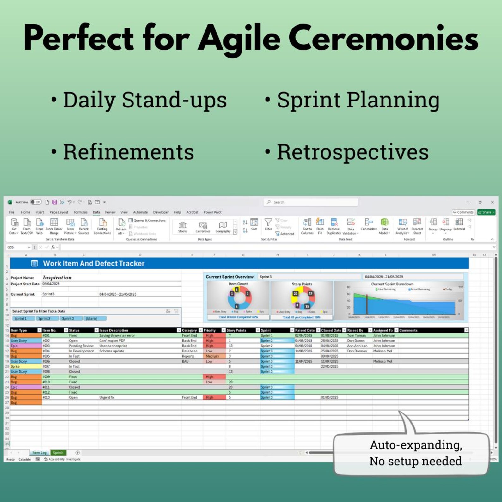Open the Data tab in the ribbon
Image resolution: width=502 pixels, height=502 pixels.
96,212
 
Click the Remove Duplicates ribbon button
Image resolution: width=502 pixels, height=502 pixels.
334,226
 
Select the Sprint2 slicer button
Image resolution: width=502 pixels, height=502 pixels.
44,318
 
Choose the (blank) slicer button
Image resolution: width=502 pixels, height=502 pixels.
91,318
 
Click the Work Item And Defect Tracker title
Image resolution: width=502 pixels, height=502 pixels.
94,264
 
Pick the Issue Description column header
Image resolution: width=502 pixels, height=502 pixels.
114,330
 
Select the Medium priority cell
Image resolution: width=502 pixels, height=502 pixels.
212,356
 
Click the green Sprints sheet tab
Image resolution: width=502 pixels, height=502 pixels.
58,453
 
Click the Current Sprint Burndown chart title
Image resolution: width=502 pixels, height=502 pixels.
392,284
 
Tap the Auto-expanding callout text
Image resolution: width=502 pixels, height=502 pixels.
415,453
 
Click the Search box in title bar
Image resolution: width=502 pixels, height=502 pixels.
310,202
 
